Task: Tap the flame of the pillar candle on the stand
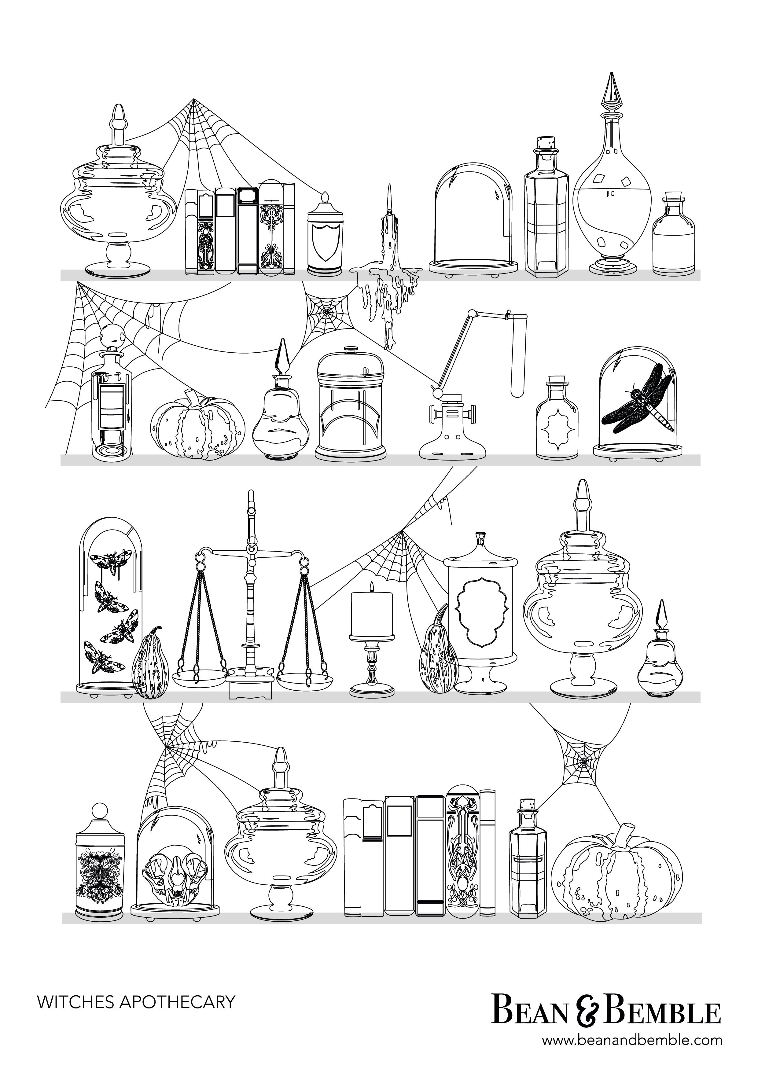point(372,587)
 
